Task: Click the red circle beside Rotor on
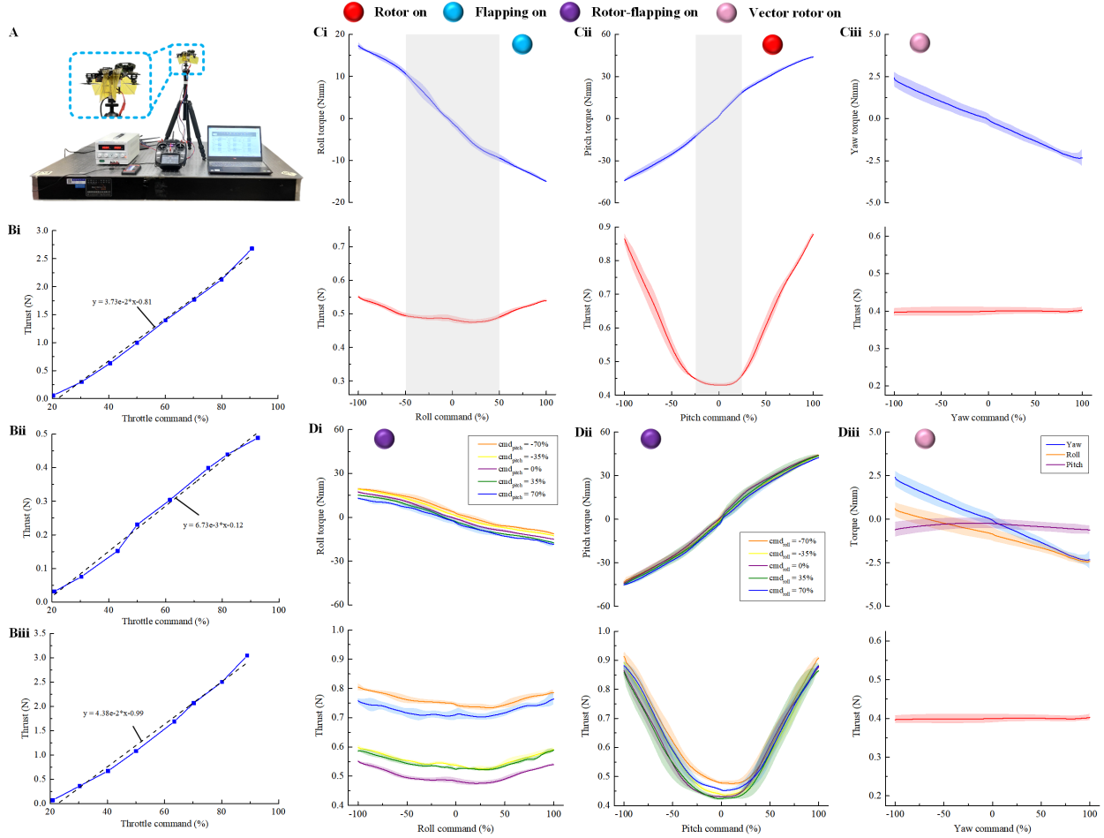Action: tap(356, 11)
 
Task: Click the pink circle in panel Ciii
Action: tap(920, 42)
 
